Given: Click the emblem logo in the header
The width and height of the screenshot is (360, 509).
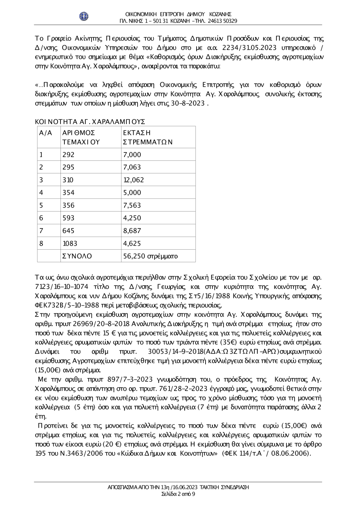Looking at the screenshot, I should (x=84, y=16).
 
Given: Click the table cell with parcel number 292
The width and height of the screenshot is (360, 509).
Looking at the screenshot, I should (x=68, y=155).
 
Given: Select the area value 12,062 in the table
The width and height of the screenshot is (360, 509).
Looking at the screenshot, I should (x=134, y=180).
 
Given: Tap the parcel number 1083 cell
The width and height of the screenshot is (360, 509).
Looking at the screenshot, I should (x=70, y=244).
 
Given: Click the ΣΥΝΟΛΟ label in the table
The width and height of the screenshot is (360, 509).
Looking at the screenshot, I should (x=77, y=256).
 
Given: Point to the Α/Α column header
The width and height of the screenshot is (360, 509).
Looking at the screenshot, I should (x=46, y=133).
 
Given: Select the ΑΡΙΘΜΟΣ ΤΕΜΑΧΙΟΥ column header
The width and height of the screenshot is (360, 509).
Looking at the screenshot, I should (x=81, y=137).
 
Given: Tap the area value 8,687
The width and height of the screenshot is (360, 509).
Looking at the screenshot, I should (x=132, y=231).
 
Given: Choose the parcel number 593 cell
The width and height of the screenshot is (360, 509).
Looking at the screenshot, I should (x=68, y=218).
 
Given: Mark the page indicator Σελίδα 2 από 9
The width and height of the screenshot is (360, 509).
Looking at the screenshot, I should (x=179, y=494).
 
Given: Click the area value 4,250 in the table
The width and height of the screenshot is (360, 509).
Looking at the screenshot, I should (x=132, y=218).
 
